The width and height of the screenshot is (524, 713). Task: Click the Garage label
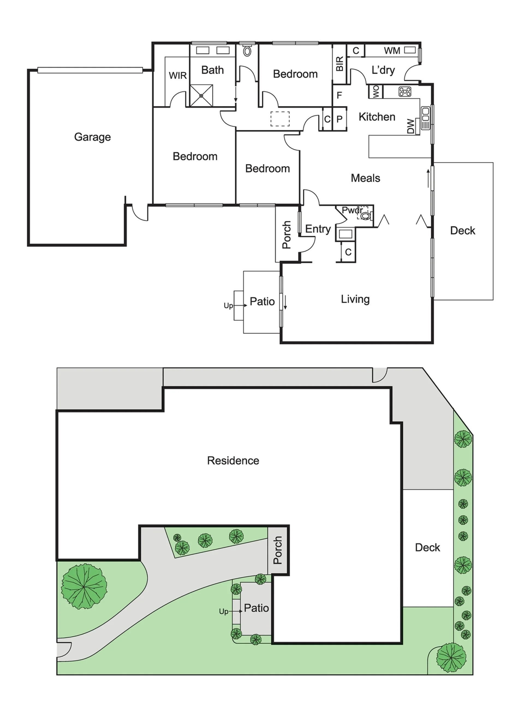coord(92,137)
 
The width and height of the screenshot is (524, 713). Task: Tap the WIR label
coord(178,76)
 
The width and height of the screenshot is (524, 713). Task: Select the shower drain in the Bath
coord(201,95)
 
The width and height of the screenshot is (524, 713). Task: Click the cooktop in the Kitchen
coord(405,92)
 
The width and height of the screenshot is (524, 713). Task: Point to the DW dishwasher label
coord(410,126)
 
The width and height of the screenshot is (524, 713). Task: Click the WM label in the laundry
coord(392,51)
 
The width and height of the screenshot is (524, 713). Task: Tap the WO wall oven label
coord(376,91)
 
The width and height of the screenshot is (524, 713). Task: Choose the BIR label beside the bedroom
coord(340,64)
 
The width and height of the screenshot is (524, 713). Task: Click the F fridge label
coord(339,95)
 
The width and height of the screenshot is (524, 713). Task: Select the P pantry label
coord(340,119)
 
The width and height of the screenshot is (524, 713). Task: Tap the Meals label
coord(365,178)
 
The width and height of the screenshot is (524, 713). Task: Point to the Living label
coord(355,299)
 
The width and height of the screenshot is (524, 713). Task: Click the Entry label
coord(318,229)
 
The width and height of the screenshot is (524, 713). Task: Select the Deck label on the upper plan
coord(463,231)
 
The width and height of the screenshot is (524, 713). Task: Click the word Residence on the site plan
coord(233,461)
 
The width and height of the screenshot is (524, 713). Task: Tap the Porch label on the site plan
coord(278,550)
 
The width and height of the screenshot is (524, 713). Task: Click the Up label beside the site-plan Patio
coord(224,612)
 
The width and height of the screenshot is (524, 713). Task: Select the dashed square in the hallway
coord(280,119)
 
